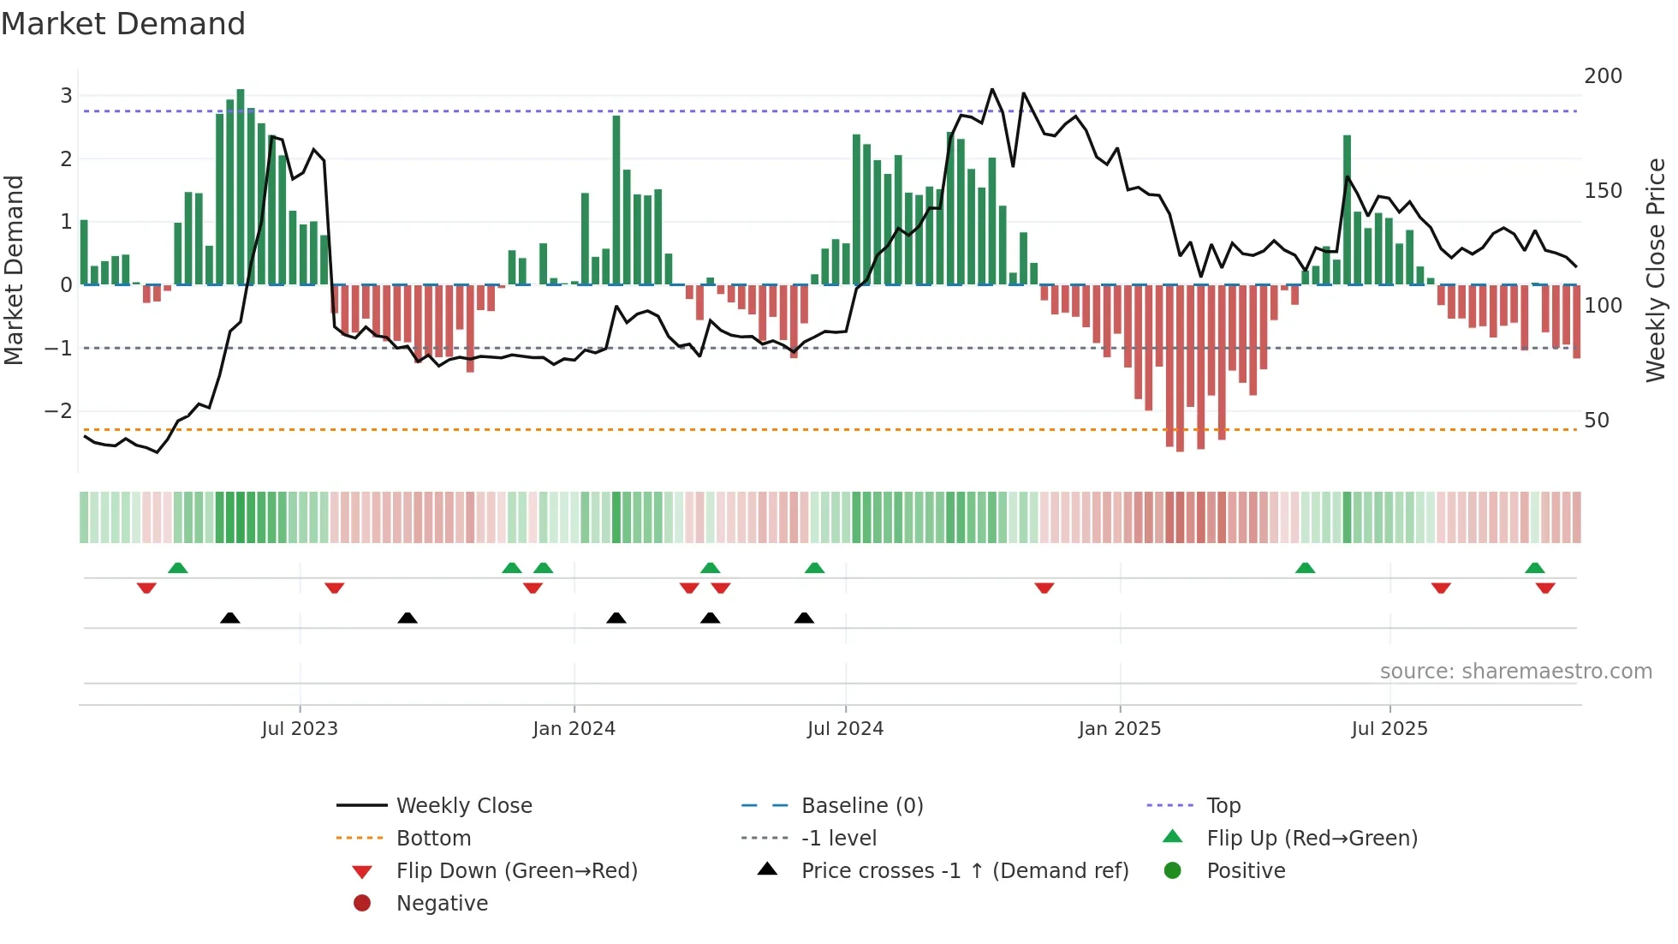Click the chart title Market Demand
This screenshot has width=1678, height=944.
pyautogui.click(x=123, y=24)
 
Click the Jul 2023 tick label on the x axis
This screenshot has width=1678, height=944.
pyautogui.click(x=300, y=729)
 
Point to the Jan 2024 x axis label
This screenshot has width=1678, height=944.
pyautogui.click(x=574, y=729)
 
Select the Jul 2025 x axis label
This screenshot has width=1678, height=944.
pyautogui.click(x=1389, y=729)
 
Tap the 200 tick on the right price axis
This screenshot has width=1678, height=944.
pyautogui.click(x=1603, y=76)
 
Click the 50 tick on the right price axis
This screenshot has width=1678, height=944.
pyautogui.click(x=1596, y=421)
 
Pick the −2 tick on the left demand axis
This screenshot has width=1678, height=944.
pyautogui.click(x=58, y=411)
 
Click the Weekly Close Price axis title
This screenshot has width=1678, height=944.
pyautogui.click(x=1656, y=270)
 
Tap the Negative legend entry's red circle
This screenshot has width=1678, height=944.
pyautogui.click(x=362, y=904)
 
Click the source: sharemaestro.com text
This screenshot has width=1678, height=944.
pyautogui.click(x=1515, y=672)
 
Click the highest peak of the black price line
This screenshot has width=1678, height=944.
pyautogui.click(x=992, y=89)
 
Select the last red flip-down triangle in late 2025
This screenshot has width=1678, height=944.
pyautogui.click(x=1545, y=588)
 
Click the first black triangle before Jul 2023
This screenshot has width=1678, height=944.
pyautogui.click(x=229, y=618)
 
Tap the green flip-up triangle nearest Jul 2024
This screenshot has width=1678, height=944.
pyautogui.click(x=814, y=568)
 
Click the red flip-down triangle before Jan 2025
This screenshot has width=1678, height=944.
pyautogui.click(x=1044, y=588)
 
